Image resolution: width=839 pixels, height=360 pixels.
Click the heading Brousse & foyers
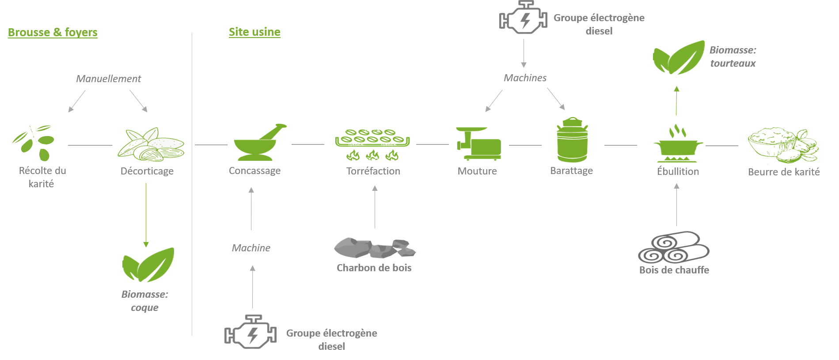pos(53,32)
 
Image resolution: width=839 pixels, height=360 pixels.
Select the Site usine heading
pos(254,32)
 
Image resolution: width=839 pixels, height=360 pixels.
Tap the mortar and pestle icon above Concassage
pos(260,142)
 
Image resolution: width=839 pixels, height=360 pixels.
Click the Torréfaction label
pos(373,171)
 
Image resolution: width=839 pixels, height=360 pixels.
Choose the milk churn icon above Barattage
pos(572,140)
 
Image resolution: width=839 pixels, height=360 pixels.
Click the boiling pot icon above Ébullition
pos(678,144)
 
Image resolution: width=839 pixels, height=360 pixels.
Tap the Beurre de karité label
pos(784,172)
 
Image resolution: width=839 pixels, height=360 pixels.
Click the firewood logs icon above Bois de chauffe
pos(674,247)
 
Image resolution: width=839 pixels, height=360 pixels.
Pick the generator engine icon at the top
pos(523,18)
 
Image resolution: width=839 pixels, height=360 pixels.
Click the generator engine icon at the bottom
pos(251,332)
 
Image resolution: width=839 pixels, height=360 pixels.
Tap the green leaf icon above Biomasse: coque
pos(148,265)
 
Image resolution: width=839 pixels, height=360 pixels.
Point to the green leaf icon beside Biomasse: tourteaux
pos(679,57)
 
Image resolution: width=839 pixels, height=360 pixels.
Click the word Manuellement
pos(109,79)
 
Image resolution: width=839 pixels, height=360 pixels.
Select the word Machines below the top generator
pos(525,78)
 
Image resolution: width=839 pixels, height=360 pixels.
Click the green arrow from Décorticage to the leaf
pos(146,215)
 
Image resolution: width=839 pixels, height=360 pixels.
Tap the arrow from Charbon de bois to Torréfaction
pos(375,207)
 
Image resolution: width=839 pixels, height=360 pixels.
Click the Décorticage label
pos(147,171)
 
